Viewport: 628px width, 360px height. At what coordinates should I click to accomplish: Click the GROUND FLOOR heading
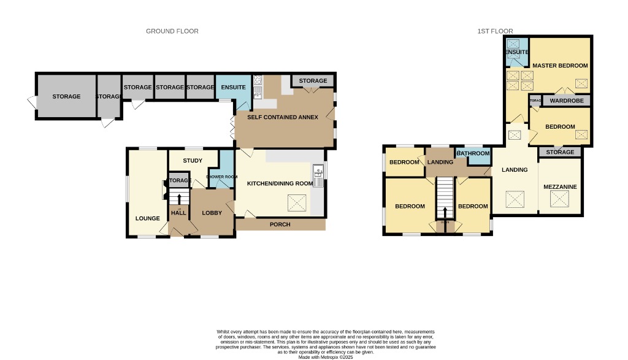(172, 31)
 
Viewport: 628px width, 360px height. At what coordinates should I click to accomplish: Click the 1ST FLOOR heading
(495, 31)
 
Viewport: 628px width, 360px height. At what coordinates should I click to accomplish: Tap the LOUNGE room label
(148, 218)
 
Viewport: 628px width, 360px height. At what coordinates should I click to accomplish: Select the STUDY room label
(193, 161)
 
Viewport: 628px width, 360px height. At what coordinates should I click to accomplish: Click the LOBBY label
(212, 213)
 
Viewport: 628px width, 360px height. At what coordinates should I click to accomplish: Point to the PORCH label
(280, 224)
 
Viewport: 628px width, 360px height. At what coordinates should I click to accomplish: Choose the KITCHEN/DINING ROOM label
(280, 183)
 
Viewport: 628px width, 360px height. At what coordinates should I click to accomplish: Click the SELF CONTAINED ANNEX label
(282, 117)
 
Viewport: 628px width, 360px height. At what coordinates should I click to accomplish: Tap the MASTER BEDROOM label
(560, 66)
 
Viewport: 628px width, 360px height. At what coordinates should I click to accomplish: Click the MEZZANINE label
(559, 186)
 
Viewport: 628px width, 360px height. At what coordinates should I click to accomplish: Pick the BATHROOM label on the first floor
(473, 153)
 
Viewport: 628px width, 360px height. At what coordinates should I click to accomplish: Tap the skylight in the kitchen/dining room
(297, 202)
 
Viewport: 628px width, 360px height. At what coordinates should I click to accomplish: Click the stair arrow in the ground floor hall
(179, 199)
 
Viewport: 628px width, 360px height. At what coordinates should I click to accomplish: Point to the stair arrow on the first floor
(445, 212)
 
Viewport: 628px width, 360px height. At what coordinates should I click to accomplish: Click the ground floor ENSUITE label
(233, 88)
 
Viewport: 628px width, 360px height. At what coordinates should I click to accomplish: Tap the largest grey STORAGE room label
(66, 97)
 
